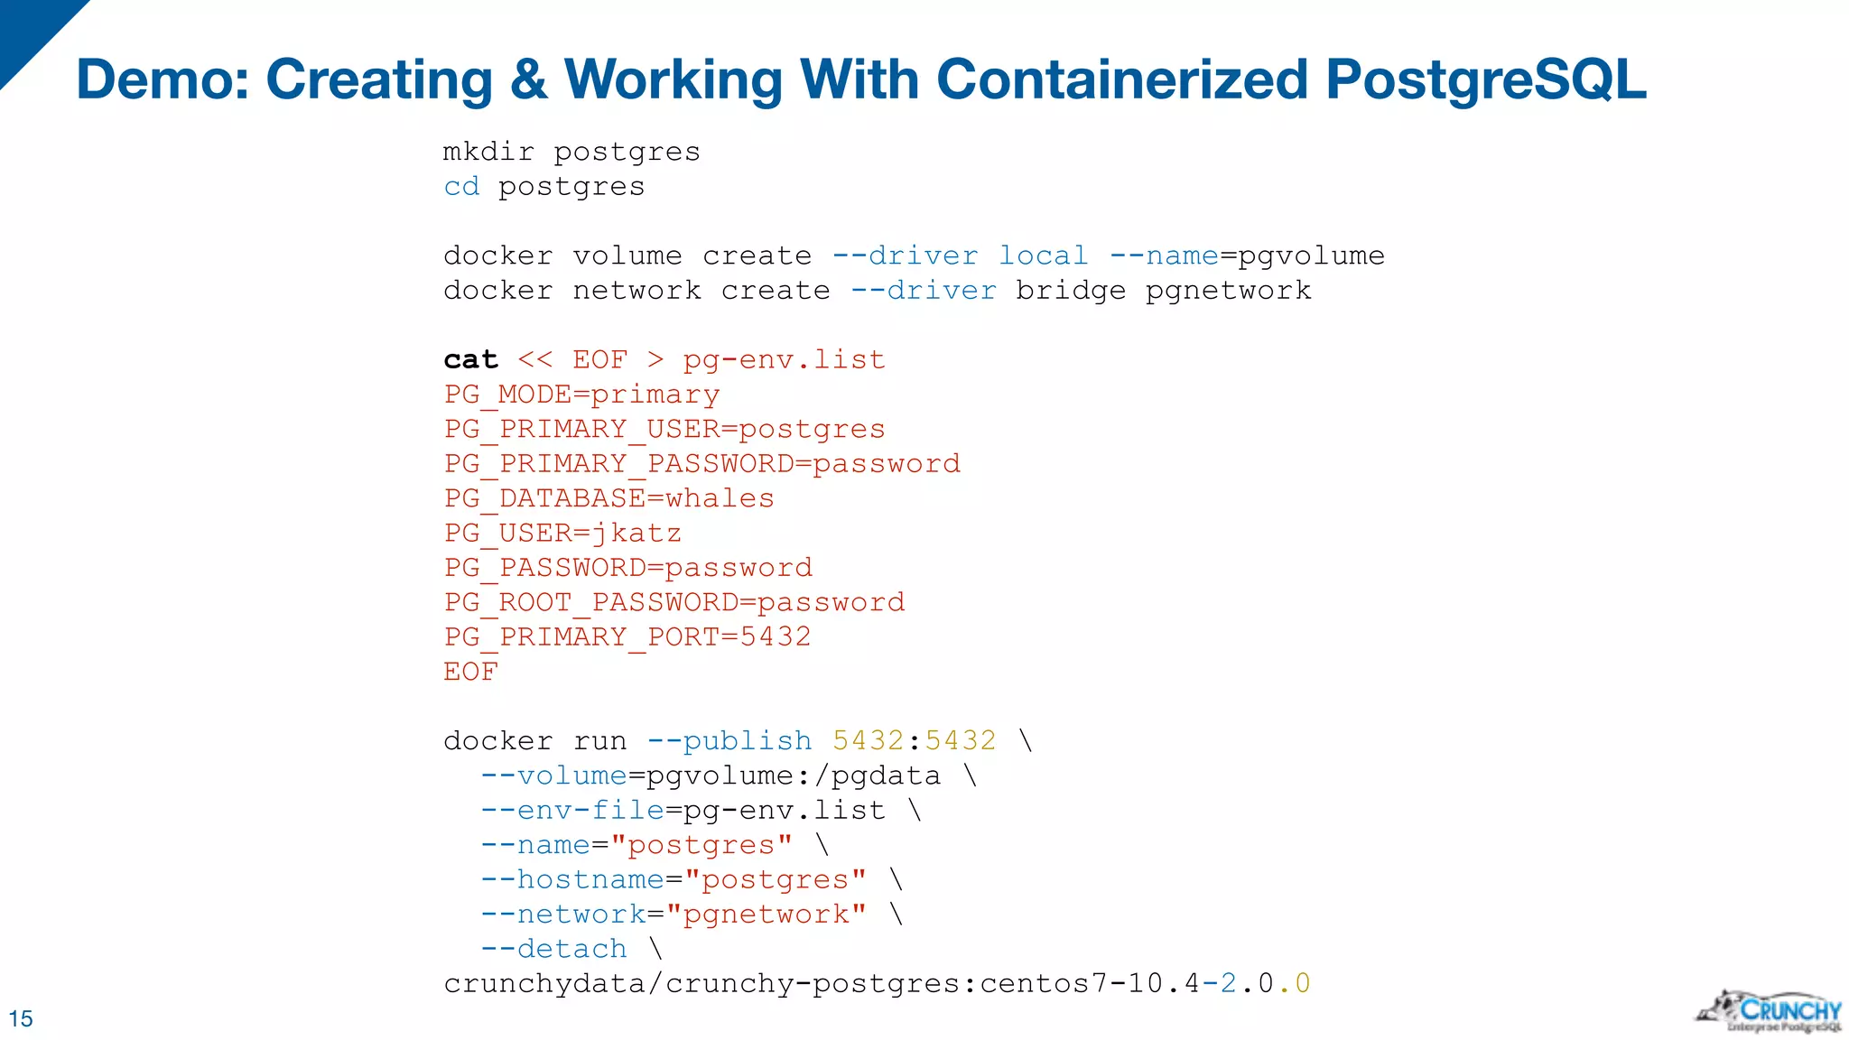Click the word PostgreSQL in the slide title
1486,80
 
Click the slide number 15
20,1018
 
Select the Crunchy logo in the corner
1769,1012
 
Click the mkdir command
488,151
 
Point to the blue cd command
461,186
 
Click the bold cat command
470,359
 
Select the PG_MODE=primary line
581,395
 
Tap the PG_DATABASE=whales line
609,498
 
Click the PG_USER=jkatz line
562,533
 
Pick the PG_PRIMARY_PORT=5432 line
627,636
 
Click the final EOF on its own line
470,672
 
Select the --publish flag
729,740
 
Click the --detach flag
553,949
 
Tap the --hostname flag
572,879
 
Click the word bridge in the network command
1071,291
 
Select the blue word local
1043,255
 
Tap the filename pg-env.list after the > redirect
784,359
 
